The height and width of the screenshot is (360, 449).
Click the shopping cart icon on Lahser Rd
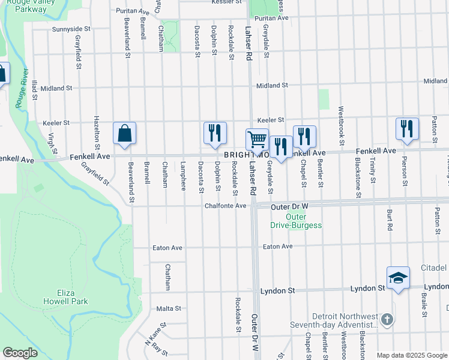(x=257, y=139)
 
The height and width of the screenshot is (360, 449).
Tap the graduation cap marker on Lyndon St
(x=398, y=278)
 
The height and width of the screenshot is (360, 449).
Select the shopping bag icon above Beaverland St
(x=124, y=133)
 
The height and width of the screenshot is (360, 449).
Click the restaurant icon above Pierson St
(x=407, y=129)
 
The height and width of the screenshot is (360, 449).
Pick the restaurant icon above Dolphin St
(x=215, y=133)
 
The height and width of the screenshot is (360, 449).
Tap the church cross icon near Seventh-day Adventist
(x=387, y=319)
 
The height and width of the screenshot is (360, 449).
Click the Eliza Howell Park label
(x=65, y=297)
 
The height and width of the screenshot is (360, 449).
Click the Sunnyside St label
(x=71, y=29)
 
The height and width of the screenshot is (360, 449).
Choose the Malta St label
(x=169, y=308)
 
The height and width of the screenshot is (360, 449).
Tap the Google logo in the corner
(x=20, y=353)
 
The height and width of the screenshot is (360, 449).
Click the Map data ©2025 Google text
(x=411, y=355)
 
